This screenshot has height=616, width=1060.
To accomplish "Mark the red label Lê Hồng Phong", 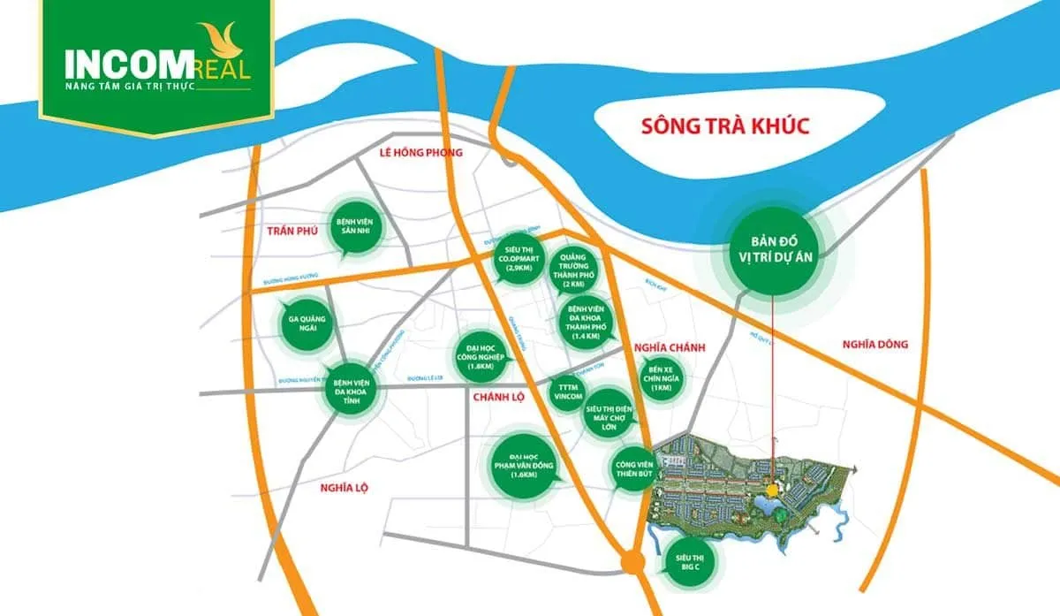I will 420,153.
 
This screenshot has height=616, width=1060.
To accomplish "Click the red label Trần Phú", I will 291,231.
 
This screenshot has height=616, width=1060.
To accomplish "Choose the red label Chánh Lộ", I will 498,397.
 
